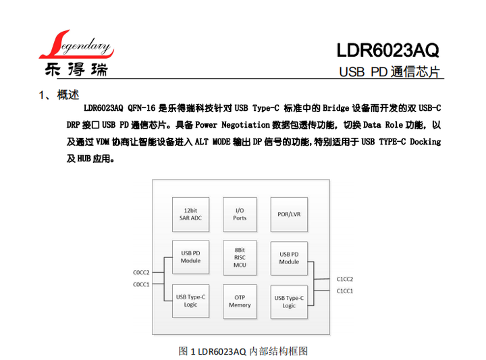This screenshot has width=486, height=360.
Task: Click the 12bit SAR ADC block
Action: point(190,214)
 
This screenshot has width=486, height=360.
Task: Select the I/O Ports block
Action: point(240,214)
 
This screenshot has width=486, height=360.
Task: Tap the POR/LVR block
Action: point(289,214)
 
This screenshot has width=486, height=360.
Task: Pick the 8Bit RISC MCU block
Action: point(240,257)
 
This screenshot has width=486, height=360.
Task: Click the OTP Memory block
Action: point(240,301)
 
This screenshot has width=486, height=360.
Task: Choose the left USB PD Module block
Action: point(190,257)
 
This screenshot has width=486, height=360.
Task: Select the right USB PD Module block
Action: point(289,257)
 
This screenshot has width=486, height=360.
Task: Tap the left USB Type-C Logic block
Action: point(190,301)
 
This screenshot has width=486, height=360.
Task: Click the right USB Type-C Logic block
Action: point(289,301)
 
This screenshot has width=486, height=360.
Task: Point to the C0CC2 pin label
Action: point(141,272)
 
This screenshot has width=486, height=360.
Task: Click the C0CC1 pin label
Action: point(141,284)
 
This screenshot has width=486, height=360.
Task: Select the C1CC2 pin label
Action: point(345,278)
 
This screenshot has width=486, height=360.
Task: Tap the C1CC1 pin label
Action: point(345,290)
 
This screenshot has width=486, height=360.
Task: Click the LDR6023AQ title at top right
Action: point(387,50)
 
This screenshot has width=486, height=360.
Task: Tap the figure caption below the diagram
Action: point(243,351)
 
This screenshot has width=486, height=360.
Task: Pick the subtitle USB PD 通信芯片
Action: point(389,72)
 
